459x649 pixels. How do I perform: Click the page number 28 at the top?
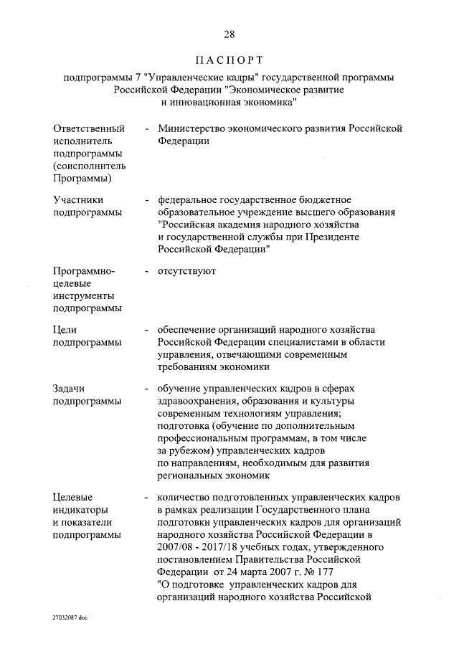229,34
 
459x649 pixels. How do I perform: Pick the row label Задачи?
69,388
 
